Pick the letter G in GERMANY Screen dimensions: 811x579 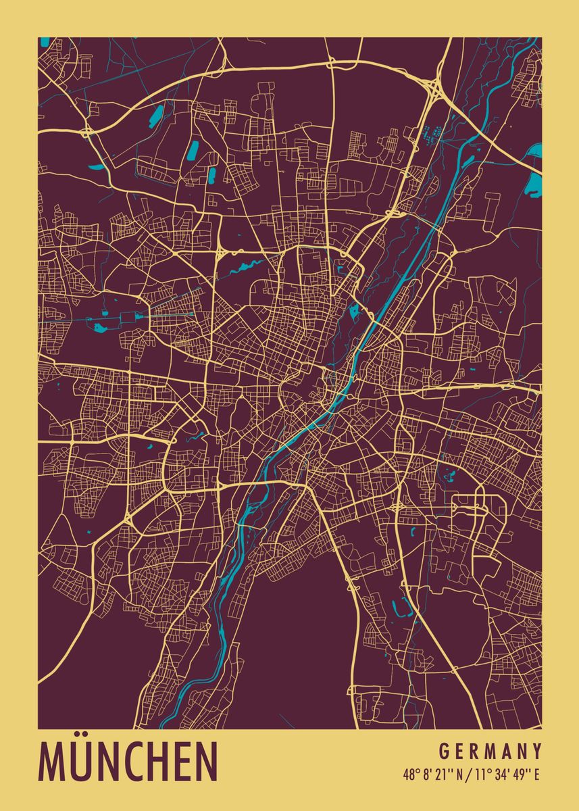tap(444, 752)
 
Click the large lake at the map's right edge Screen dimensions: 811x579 tap(534, 178)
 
